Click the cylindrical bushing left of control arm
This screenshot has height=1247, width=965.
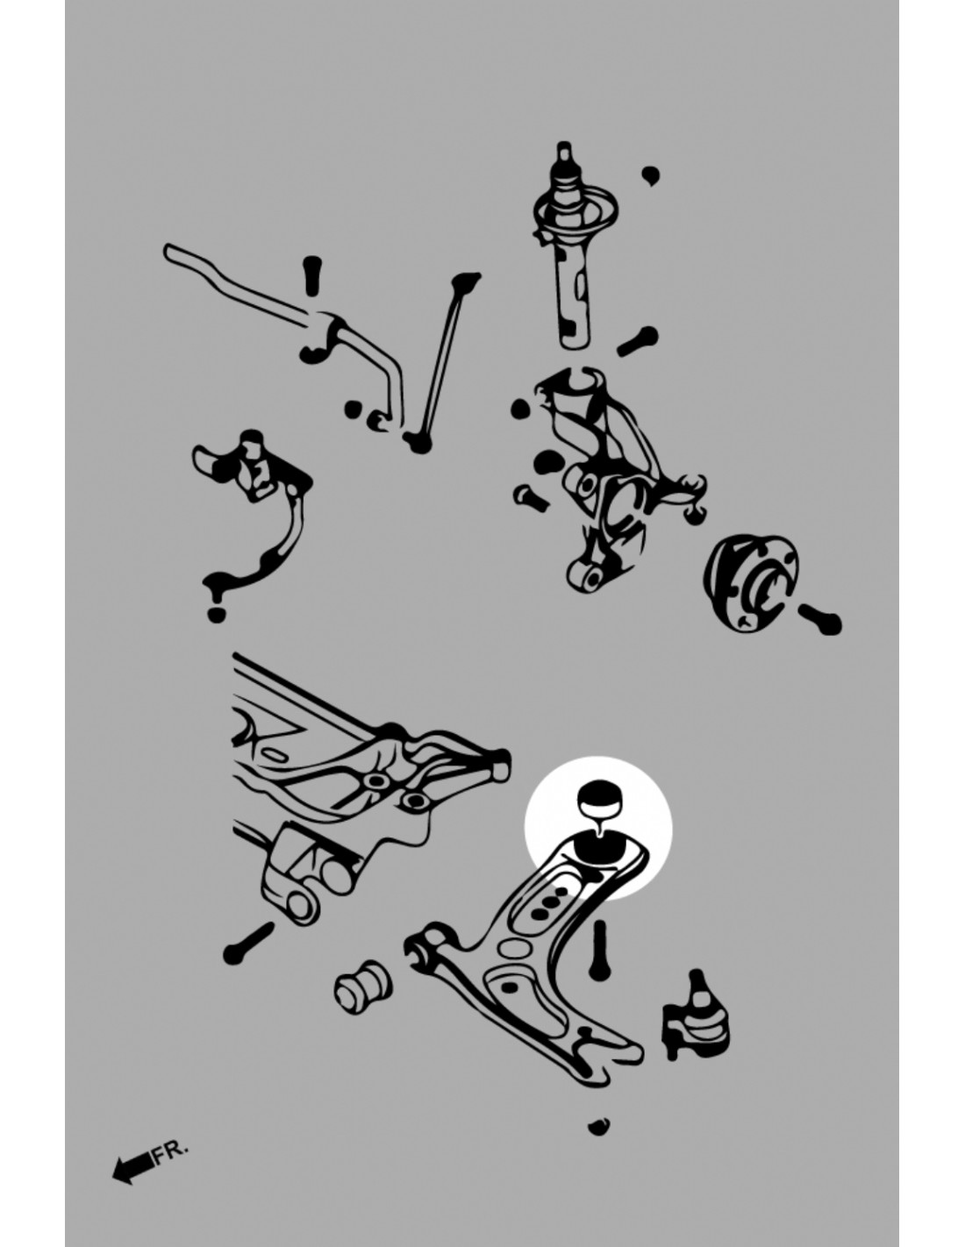tap(362, 986)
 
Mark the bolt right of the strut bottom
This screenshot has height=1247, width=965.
tap(638, 340)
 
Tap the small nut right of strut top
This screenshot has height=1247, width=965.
tap(650, 175)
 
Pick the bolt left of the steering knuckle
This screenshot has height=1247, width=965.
tap(531, 497)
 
